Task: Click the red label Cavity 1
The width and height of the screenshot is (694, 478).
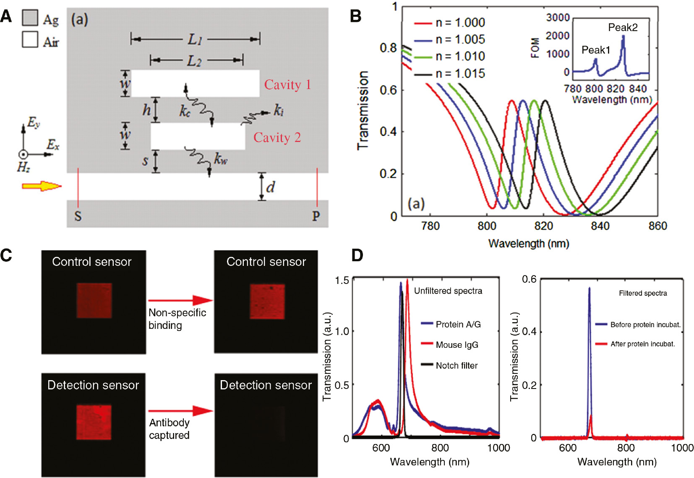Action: (287, 85)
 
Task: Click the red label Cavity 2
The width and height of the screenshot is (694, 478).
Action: (277, 138)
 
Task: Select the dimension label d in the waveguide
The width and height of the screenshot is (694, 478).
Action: (271, 187)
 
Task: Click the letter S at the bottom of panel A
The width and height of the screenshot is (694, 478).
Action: (78, 216)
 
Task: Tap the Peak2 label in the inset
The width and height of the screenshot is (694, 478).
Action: (623, 28)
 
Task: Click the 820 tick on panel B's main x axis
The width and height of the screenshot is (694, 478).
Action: (543, 226)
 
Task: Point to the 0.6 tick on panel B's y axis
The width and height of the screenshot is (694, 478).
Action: (388, 90)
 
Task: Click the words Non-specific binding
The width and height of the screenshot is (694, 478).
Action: (177, 319)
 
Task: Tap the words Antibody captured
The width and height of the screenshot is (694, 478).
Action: (170, 429)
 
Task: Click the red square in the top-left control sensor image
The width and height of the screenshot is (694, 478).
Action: (94, 300)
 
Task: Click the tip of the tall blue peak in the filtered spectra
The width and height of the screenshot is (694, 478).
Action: (589, 288)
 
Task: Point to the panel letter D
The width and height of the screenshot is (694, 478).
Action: (357, 255)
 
